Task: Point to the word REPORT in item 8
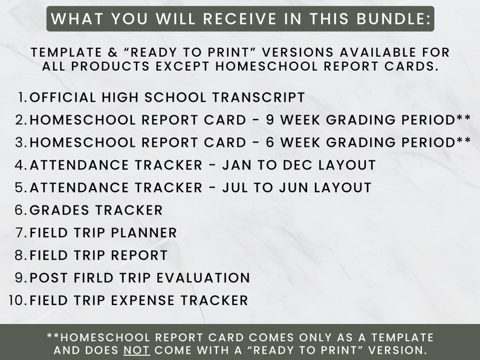click(x=140, y=256)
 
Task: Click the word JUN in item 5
click(x=288, y=187)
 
